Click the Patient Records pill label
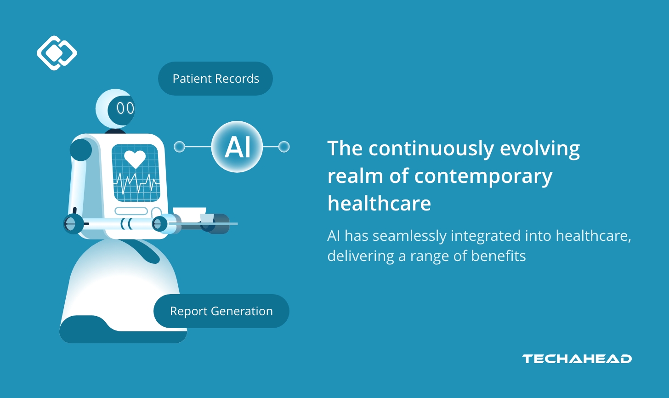point(215,79)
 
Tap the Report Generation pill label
point(221,311)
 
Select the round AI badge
point(237,147)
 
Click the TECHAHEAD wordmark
point(577,359)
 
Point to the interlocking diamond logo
point(57,53)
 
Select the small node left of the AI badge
point(179,147)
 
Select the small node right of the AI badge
point(284,147)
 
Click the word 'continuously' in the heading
point(431,149)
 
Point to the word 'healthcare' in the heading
point(379,203)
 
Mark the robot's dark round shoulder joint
point(81,149)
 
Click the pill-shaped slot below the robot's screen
point(131,211)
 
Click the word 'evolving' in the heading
point(540,149)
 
